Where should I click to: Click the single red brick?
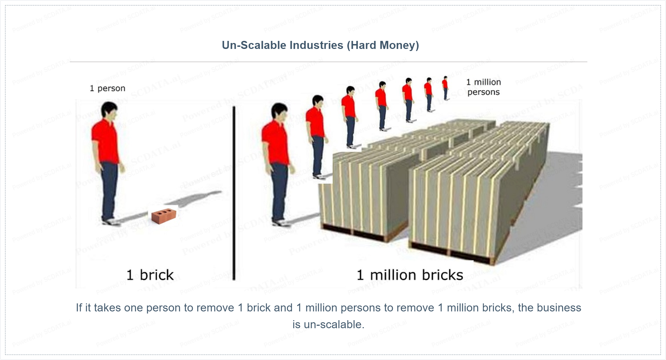click(164, 216)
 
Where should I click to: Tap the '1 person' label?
click(107, 88)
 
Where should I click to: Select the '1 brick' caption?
click(150, 275)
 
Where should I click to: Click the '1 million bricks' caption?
click(410, 275)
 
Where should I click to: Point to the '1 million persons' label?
click(484, 87)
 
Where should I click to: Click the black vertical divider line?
click(234, 193)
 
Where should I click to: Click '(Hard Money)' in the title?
click(383, 45)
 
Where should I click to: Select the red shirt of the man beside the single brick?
click(106, 141)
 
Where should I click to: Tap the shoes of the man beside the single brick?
click(111, 222)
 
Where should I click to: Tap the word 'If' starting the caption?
click(79, 308)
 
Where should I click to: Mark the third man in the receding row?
click(349, 117)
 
